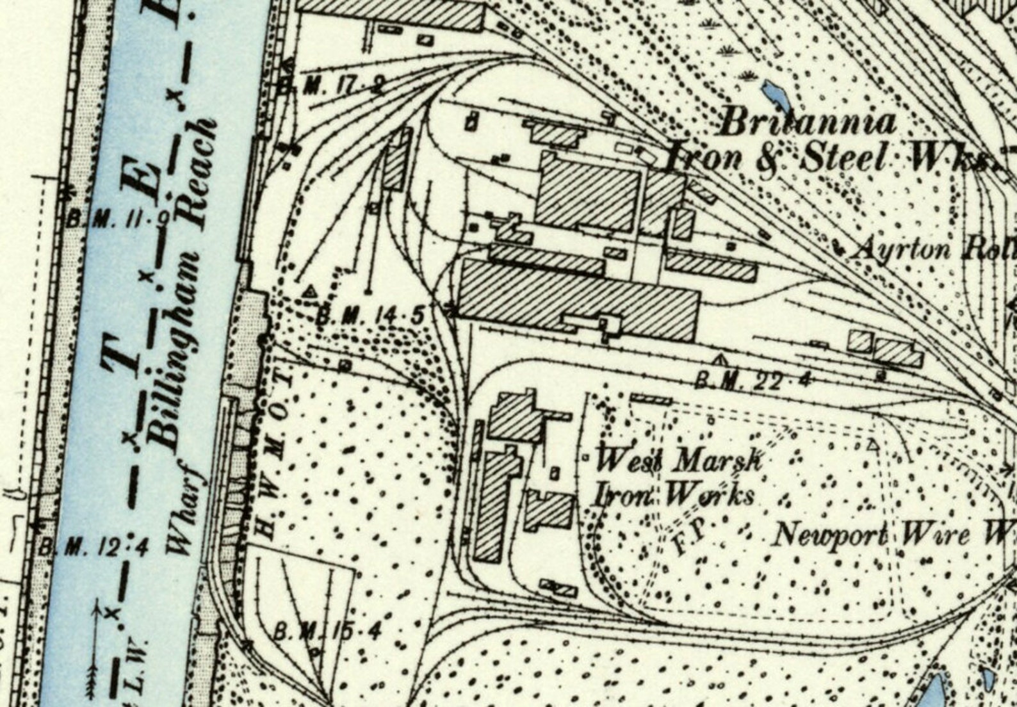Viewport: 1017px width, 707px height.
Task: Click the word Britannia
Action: point(807,122)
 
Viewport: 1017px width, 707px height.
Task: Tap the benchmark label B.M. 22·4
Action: point(753,382)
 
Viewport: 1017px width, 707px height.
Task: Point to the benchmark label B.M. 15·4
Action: point(327,632)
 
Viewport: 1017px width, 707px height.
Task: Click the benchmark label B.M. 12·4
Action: point(93,548)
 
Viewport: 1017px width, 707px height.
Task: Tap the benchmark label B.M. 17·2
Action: point(343,86)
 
